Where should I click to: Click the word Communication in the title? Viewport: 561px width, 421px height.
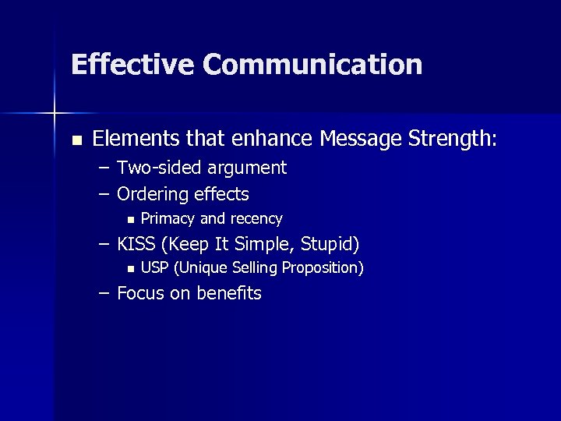(x=312, y=64)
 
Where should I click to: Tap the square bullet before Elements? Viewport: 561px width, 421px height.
(x=76, y=141)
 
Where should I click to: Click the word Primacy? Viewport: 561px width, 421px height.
(x=168, y=219)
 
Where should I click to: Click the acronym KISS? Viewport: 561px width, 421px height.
(x=136, y=244)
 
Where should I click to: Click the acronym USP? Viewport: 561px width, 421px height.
(x=155, y=268)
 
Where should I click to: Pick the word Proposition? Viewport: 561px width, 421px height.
(x=321, y=269)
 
